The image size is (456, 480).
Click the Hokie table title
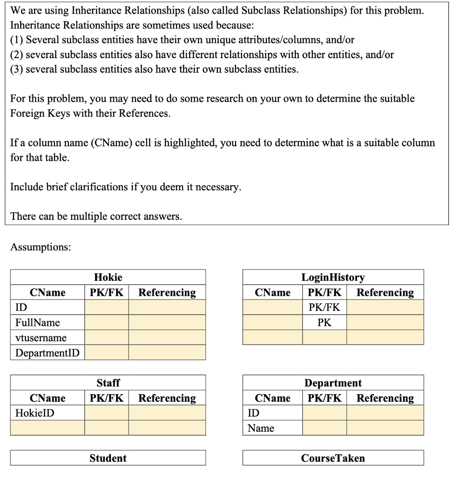click(108, 277)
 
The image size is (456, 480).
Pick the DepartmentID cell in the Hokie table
click(47, 352)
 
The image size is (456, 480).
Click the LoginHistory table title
click(333, 277)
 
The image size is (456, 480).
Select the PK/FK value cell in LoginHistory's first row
click(324, 307)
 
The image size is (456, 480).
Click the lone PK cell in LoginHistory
click(324, 322)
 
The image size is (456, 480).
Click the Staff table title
click(108, 383)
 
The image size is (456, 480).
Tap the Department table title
click(333, 383)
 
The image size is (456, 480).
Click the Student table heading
click(108, 458)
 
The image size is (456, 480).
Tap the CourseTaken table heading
click(333, 458)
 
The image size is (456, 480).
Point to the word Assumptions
click(40, 247)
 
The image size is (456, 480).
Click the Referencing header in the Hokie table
click(167, 292)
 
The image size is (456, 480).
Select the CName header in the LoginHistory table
click(272, 292)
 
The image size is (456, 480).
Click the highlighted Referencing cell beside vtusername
click(167, 337)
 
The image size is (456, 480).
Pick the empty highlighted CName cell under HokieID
click(47, 428)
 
